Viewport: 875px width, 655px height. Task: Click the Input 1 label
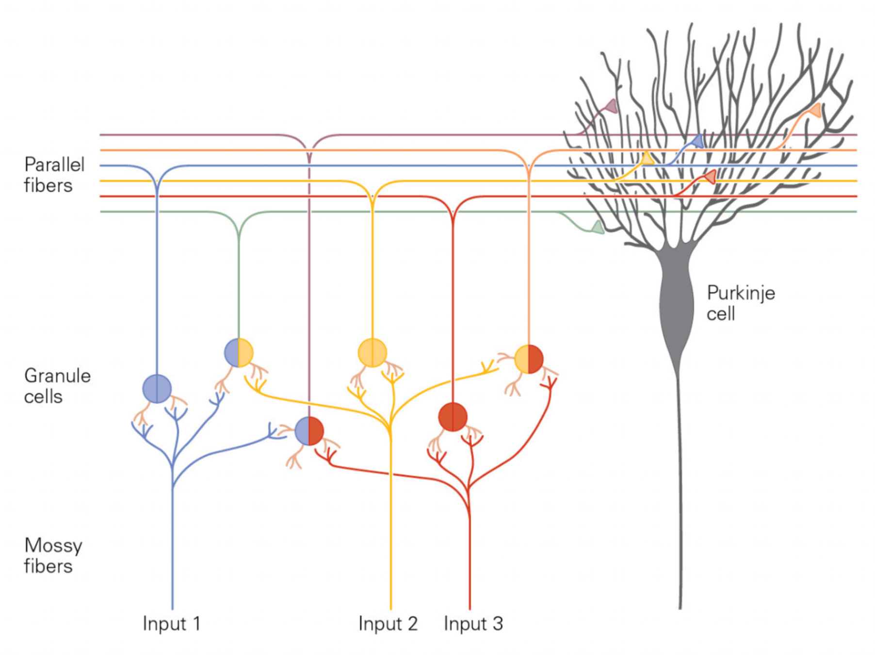tap(171, 623)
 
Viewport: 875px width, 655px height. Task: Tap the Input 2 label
tap(388, 623)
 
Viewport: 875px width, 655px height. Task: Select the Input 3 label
tap(473, 623)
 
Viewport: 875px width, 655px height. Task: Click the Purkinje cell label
tap(740, 303)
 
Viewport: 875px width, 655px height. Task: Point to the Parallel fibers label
tap(54, 175)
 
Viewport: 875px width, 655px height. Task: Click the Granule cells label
tap(57, 386)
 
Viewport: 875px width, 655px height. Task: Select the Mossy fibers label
tap(53, 556)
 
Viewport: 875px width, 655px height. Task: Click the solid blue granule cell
tap(157, 389)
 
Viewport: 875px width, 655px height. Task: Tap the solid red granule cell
tap(453, 417)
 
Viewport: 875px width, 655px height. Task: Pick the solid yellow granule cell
tap(372, 353)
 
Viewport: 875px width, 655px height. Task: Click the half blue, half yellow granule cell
tap(239, 353)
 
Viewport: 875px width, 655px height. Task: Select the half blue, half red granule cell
tap(309, 431)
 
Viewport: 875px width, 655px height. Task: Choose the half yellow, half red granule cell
tap(529, 359)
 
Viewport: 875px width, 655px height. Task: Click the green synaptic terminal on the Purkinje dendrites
tap(598, 227)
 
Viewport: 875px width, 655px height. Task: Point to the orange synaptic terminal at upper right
tap(815, 110)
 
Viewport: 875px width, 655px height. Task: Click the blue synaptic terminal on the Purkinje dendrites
tap(697, 141)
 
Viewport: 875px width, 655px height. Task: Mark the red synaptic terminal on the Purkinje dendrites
tap(710, 177)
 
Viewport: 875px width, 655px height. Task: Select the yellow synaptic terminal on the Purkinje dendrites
tap(647, 158)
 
